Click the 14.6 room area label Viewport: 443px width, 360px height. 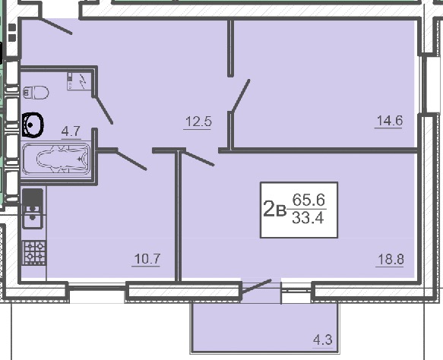tap(390, 121)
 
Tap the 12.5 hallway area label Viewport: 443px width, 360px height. tap(198, 122)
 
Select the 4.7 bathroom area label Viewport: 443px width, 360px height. tap(71, 131)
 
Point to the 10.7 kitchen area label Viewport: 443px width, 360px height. tap(147, 259)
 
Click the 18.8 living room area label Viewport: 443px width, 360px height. tap(391, 259)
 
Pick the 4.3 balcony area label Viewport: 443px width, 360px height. tap(323, 339)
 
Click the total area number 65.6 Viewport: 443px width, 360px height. tap(309, 200)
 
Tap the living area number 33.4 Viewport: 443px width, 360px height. tap(308, 218)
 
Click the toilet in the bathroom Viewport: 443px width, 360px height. tap(36, 93)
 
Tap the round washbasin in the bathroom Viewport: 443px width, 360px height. tap(33, 125)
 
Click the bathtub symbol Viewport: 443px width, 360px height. tap(56, 159)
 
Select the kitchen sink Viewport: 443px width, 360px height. tap(33, 208)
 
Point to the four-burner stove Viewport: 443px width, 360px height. tap(34, 253)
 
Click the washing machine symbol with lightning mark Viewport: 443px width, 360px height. tap(79, 81)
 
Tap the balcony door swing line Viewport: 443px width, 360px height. tap(256, 286)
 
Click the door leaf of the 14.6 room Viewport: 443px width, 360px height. tap(240, 96)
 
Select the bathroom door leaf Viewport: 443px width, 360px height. tap(103, 110)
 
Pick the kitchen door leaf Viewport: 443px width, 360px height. tap(131, 159)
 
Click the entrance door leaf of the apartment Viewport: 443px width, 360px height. tap(55, 26)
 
